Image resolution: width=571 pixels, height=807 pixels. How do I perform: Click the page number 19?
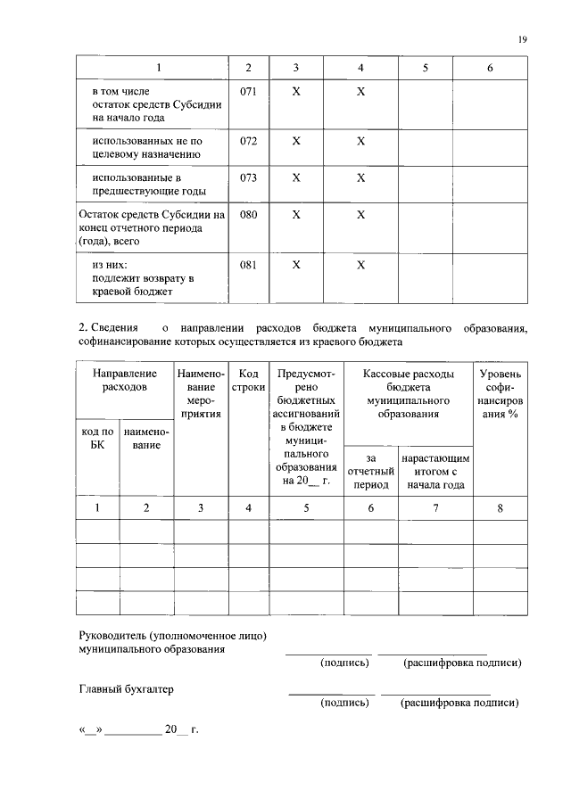524,38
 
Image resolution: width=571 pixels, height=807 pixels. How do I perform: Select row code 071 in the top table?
248,92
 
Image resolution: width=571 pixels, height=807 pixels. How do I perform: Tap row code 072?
248,141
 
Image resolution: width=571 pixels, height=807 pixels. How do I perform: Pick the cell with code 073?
248,177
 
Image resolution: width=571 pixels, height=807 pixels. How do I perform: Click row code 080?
248,215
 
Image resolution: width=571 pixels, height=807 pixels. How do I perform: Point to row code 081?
248,265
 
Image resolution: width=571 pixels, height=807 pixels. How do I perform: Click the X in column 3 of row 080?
296,215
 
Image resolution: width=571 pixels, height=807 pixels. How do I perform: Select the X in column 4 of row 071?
361,92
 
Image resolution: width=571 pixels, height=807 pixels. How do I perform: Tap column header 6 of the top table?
490,68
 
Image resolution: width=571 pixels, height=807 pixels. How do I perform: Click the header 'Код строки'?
249,381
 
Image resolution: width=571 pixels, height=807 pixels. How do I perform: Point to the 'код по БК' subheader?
97,439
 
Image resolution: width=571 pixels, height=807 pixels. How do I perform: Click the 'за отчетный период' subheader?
371,471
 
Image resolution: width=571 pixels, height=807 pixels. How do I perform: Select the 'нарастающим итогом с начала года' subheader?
436,471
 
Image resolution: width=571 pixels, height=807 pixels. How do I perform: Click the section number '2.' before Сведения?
84,328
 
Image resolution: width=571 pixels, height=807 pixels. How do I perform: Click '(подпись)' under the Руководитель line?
344,663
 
